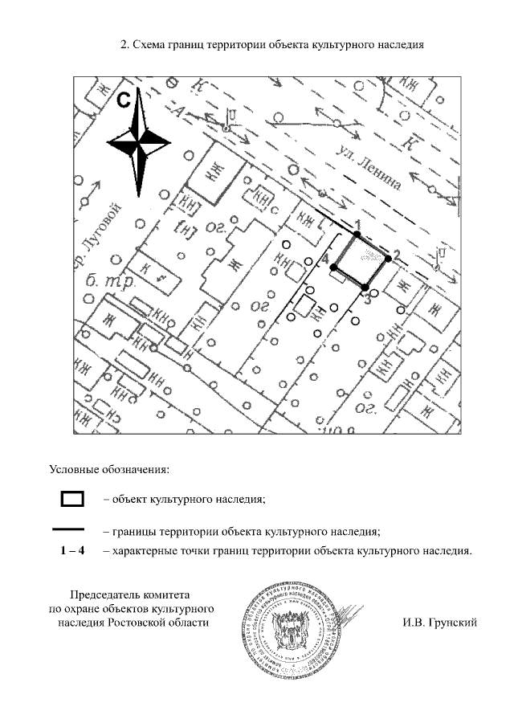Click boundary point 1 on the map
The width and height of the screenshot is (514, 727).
(357, 235)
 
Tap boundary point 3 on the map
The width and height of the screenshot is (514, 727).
(365, 287)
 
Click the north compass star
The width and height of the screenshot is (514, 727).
(139, 144)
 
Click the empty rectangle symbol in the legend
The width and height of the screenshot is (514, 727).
(72, 499)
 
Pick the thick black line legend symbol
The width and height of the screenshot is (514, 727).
(69, 530)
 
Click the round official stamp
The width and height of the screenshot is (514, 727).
(287, 623)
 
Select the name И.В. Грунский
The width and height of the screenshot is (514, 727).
(439, 622)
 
